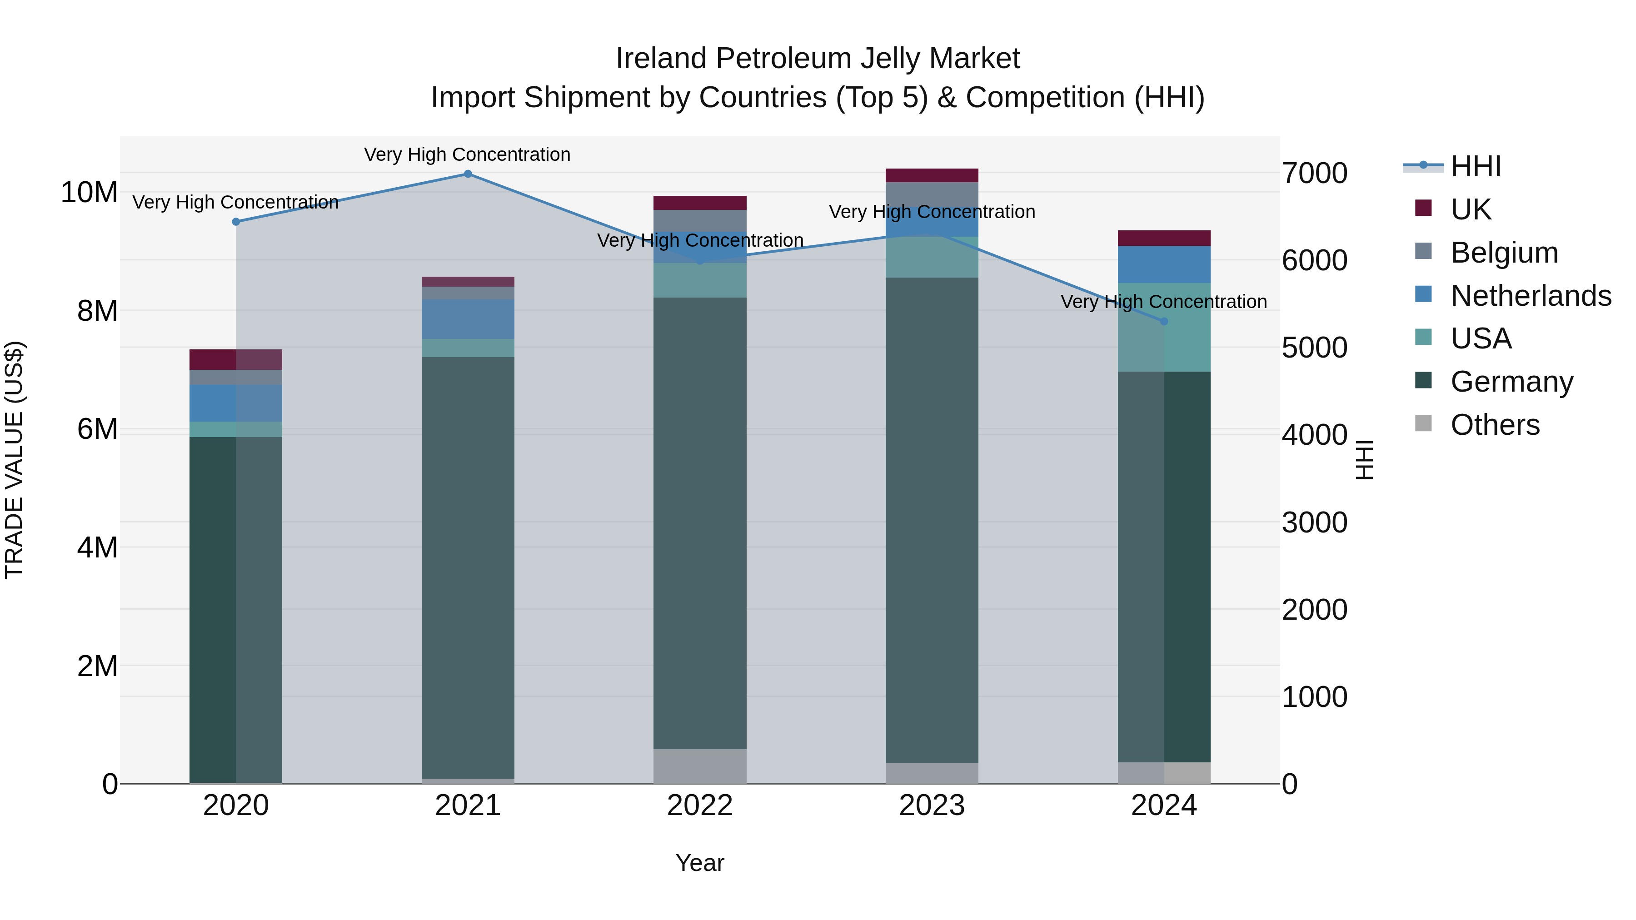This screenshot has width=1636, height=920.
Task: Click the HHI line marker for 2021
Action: click(x=468, y=174)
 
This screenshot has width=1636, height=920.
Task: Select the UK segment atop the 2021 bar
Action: click(x=468, y=281)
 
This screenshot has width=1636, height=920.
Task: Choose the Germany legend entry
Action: click(x=1511, y=382)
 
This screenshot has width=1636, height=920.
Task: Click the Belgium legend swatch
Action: click(x=1423, y=251)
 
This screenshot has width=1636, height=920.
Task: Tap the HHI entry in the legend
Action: click(x=1475, y=166)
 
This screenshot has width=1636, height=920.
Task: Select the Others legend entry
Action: click(x=1494, y=425)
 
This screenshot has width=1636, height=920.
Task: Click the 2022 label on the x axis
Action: click(x=700, y=806)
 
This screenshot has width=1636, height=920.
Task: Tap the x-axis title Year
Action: click(x=700, y=863)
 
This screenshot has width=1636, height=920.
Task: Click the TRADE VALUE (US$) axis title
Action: click(x=14, y=460)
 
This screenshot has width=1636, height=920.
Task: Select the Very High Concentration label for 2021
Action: click(x=468, y=154)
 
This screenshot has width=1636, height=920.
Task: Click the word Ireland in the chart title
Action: click(x=661, y=59)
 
